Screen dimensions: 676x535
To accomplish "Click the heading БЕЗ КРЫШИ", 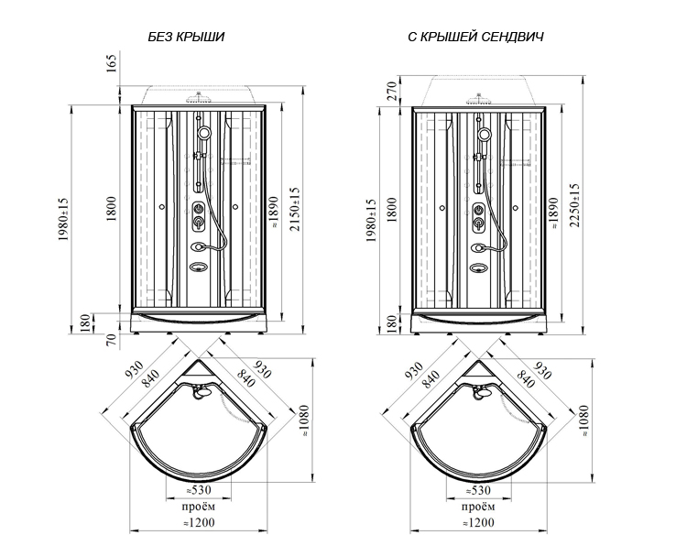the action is click(186, 37).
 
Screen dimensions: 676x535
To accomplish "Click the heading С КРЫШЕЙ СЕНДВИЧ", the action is click(475, 37).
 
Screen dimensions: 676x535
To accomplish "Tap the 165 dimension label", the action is click(112, 63).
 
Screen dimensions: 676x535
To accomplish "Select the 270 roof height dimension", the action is click(392, 91).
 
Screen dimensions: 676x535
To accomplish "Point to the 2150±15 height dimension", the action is click(294, 209).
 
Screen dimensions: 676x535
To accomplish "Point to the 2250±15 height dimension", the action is click(574, 205).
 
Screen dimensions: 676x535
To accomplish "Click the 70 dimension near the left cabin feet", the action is click(112, 340).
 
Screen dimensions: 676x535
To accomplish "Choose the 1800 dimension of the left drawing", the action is click(112, 209).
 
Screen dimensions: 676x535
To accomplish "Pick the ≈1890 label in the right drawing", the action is click(553, 213).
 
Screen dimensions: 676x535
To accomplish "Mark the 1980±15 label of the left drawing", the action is click(63, 220).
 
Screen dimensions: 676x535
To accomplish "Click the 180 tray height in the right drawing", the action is click(392, 323).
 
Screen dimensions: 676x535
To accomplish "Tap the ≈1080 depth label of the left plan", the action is click(304, 420).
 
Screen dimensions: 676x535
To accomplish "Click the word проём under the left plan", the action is click(199, 506).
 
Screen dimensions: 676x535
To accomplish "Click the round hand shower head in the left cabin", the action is click(203, 132).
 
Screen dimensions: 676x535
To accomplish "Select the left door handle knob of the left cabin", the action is click(161, 207).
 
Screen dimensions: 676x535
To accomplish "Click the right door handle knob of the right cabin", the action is click(516, 208).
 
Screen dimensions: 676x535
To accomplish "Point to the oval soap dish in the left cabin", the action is click(199, 267).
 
